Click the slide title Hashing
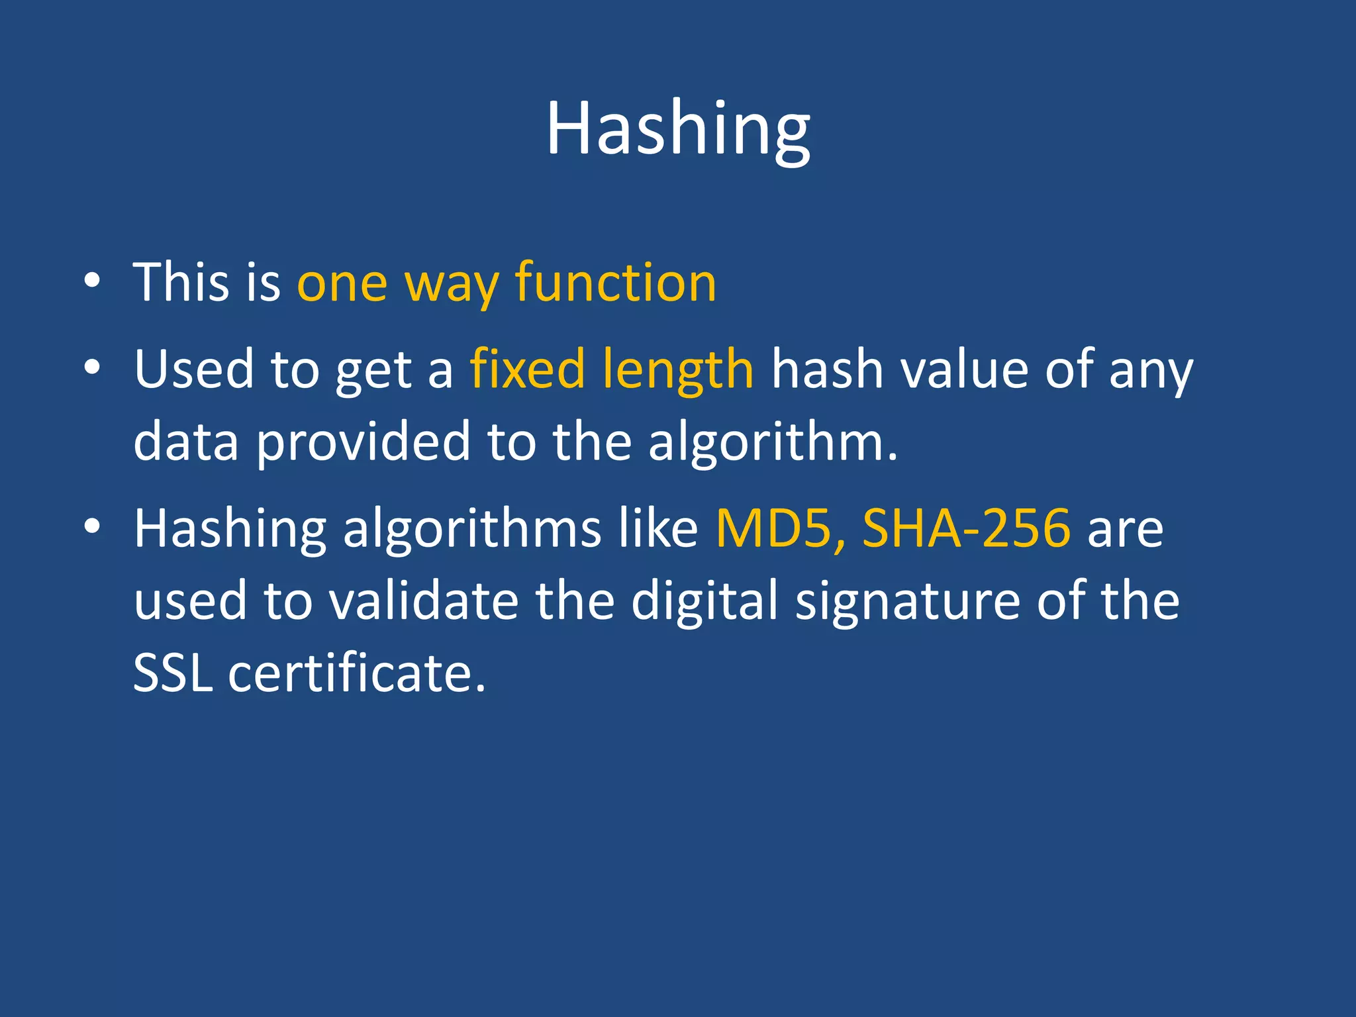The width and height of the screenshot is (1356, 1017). click(x=677, y=129)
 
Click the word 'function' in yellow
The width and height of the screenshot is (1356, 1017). click(x=616, y=283)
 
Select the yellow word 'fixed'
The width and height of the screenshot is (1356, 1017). click(x=527, y=369)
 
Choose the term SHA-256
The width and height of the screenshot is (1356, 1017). click(x=966, y=528)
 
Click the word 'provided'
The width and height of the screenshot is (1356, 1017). click(x=363, y=442)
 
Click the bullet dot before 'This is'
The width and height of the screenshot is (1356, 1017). click(x=92, y=281)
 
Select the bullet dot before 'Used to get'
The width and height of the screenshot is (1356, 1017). click(x=92, y=367)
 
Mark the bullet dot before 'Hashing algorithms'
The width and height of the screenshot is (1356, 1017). click(x=92, y=527)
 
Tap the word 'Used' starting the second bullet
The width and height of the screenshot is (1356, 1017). click(x=194, y=369)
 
